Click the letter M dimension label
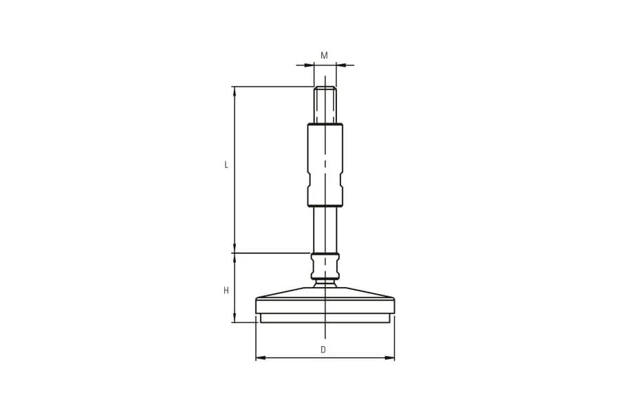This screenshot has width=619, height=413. point(324,55)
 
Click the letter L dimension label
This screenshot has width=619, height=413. point(226,165)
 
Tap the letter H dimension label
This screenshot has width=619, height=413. point(226,291)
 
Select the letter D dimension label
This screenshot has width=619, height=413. point(323,350)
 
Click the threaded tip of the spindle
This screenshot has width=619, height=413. point(325,105)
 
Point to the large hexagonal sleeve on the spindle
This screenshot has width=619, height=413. point(325,165)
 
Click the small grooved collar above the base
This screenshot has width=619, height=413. point(325,266)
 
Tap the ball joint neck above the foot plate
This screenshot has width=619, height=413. point(325,283)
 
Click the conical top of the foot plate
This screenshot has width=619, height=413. point(325,293)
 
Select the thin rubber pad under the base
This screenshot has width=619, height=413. point(325,318)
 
